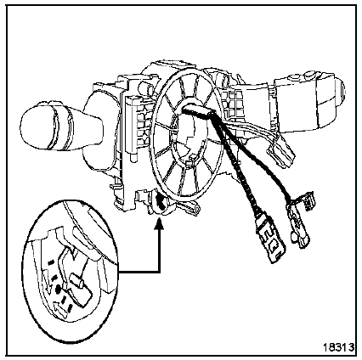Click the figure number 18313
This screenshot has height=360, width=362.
click(339, 346)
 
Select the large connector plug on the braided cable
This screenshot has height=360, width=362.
click(270, 240)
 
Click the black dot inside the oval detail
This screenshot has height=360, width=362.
click(58, 289)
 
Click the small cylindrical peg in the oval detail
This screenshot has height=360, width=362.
click(76, 279)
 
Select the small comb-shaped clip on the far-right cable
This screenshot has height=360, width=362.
click(308, 200)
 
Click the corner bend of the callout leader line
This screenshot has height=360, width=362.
click(160, 273)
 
